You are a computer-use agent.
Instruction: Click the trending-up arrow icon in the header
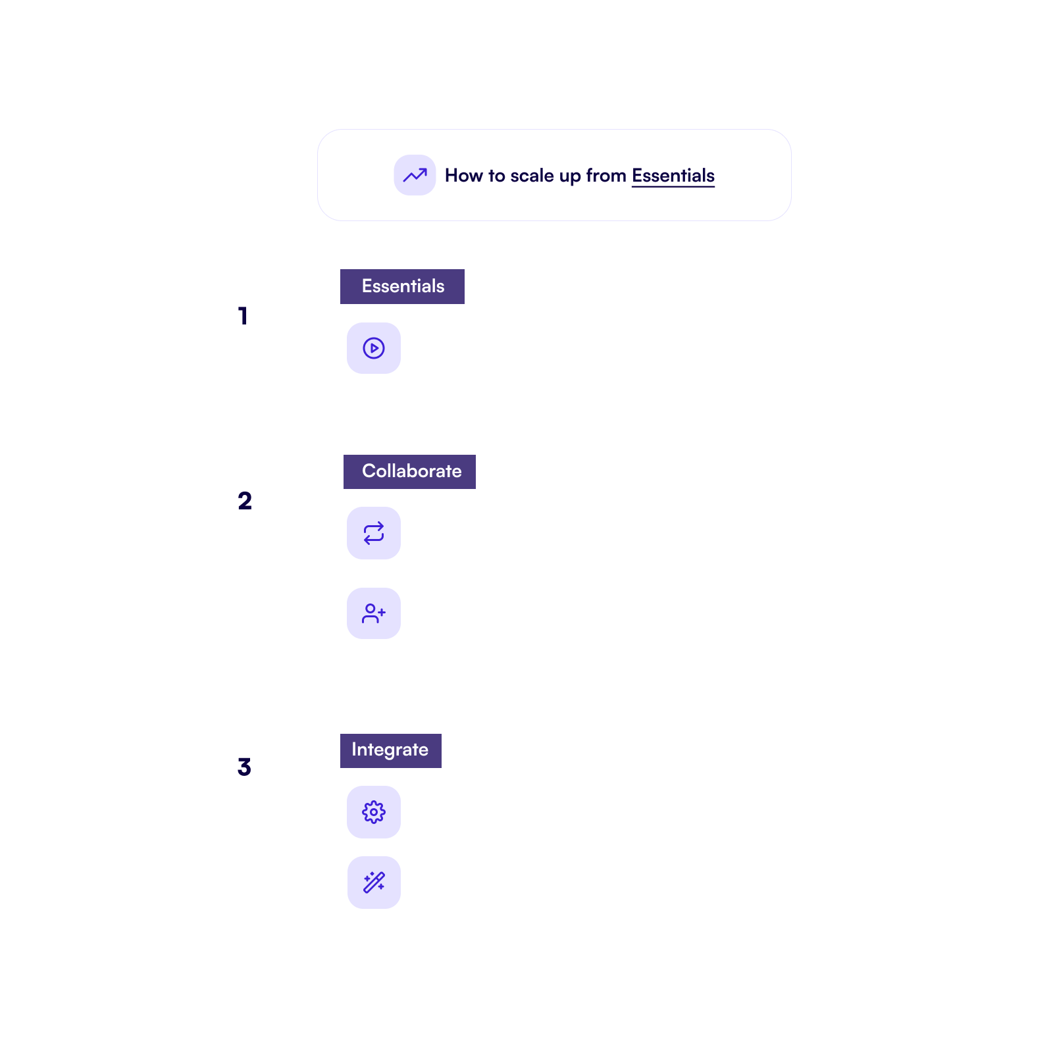click(415, 175)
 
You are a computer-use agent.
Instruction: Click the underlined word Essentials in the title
click(673, 176)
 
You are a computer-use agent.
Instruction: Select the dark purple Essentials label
click(402, 286)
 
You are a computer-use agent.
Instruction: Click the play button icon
click(374, 348)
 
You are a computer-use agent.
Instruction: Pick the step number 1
click(243, 316)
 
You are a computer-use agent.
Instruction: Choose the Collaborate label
click(409, 472)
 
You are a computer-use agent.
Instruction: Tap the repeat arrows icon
click(374, 533)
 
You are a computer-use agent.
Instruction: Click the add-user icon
click(374, 613)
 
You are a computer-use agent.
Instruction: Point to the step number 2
click(245, 501)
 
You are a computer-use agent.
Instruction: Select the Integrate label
click(391, 751)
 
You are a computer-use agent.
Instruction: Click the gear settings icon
click(374, 812)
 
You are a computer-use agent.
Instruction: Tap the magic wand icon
click(374, 883)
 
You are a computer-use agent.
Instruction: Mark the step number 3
click(244, 767)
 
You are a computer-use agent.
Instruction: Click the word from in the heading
click(606, 176)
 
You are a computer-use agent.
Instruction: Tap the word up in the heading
click(570, 178)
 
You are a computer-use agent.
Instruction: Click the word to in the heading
click(497, 176)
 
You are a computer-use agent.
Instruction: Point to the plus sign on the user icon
click(382, 612)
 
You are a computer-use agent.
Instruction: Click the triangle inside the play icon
click(374, 348)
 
